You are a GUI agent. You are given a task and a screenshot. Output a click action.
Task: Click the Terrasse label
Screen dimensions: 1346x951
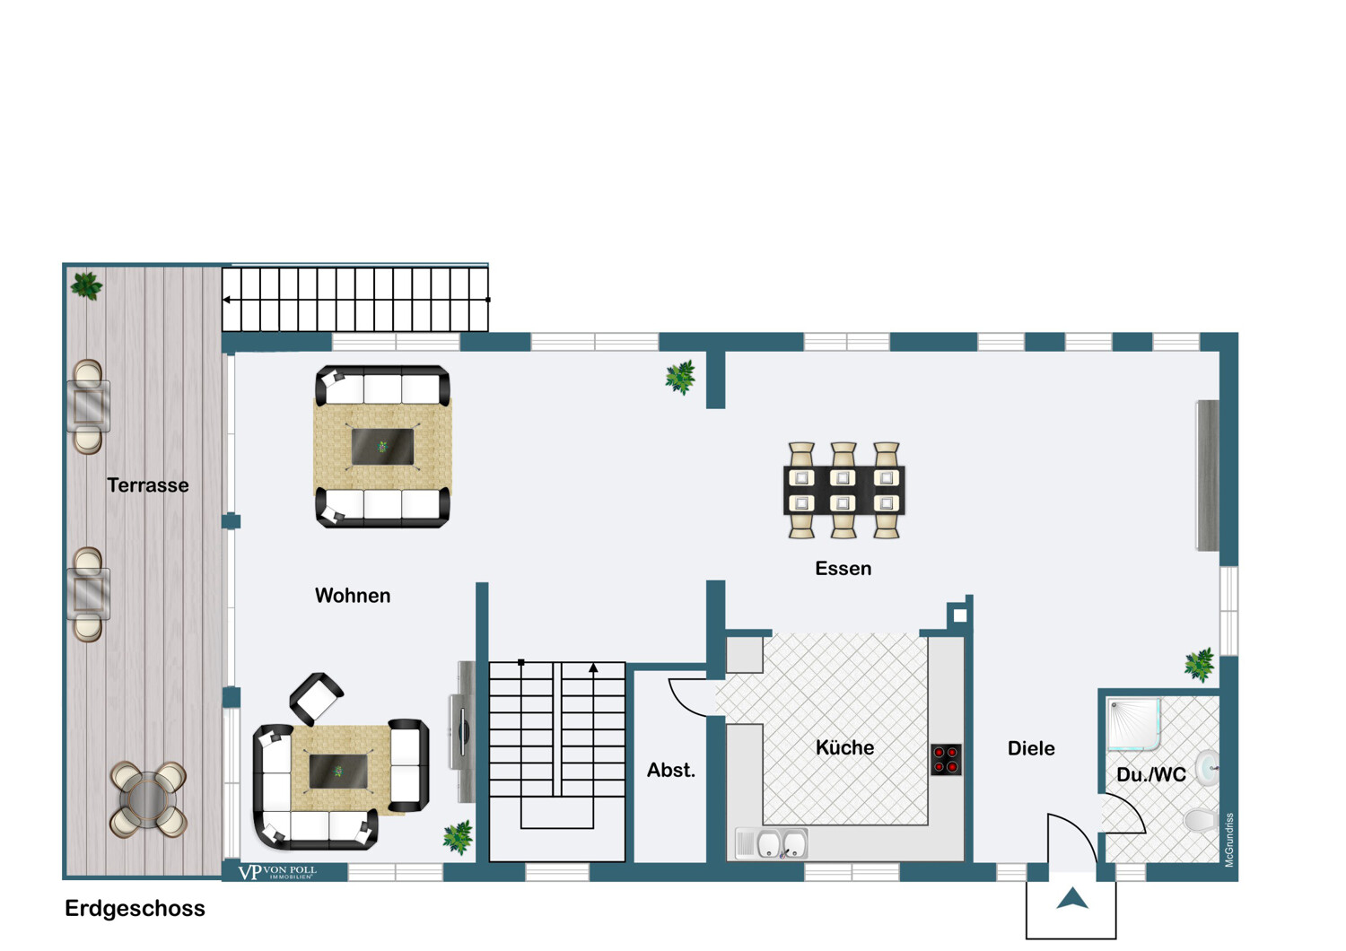(x=148, y=485)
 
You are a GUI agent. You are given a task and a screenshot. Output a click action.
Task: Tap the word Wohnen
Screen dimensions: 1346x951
(x=353, y=596)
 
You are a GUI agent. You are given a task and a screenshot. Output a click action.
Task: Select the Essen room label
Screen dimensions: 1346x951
(x=843, y=568)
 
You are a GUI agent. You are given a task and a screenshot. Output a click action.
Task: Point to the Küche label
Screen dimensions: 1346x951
(x=845, y=747)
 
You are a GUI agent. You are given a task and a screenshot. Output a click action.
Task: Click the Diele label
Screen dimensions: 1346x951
(x=1031, y=748)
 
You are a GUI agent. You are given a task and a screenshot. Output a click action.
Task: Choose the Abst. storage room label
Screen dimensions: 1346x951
(x=671, y=770)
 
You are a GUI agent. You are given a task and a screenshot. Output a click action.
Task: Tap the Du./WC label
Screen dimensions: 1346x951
(x=1151, y=775)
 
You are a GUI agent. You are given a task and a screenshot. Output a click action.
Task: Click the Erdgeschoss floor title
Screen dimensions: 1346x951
(x=135, y=908)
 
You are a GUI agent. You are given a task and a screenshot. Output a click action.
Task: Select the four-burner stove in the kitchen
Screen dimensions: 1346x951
(x=947, y=759)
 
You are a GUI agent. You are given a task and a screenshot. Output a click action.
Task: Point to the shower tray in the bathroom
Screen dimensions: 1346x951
(x=1134, y=724)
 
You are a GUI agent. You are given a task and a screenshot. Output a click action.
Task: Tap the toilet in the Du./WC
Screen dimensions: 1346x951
(x=1202, y=820)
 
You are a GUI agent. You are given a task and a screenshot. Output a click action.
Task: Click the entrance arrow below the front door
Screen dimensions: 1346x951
(x=1072, y=899)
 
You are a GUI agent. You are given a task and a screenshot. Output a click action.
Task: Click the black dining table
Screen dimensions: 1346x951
(x=844, y=490)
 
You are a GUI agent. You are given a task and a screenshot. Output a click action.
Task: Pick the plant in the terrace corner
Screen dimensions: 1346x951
(x=86, y=286)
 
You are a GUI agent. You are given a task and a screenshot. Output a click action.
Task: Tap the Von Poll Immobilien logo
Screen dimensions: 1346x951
(x=277, y=872)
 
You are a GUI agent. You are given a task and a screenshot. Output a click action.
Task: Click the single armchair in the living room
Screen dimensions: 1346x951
(x=317, y=699)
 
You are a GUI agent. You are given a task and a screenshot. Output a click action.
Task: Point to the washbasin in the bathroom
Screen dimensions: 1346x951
(x=1207, y=768)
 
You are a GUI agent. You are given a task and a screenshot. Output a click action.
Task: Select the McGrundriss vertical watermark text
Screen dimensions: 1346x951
(x=1228, y=840)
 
